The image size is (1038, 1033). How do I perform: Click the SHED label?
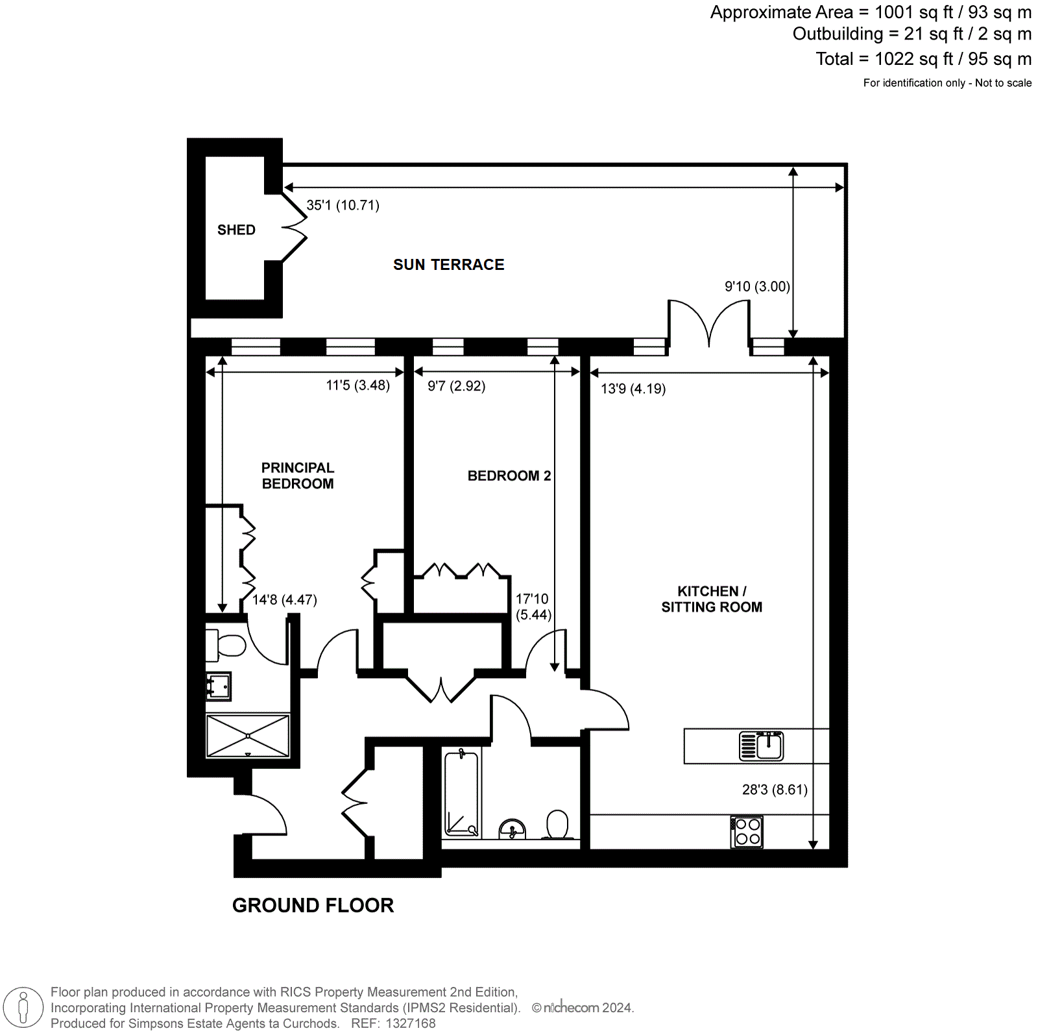coord(236,230)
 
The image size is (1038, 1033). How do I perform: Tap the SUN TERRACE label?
coord(449,265)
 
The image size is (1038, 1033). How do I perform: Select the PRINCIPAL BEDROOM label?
coord(298,476)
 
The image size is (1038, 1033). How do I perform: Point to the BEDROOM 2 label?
coord(509,476)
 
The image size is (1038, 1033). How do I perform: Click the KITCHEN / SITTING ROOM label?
coord(712,599)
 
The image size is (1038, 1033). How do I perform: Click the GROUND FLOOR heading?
coord(313,905)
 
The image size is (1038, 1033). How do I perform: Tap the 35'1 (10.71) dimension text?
coord(343,205)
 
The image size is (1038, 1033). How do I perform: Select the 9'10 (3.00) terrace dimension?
coord(757,286)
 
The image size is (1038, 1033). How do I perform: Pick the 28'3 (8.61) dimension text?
coord(775,790)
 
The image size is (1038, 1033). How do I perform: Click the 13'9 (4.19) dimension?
coord(633,389)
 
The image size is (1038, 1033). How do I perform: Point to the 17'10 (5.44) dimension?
coord(533,607)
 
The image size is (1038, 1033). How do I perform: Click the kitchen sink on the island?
coord(762,746)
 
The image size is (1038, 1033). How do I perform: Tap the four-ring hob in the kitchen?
coord(747,832)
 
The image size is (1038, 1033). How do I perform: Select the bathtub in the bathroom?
coord(462,794)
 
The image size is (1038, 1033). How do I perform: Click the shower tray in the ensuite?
coord(248,736)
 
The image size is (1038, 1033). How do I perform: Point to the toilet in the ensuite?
coord(225,645)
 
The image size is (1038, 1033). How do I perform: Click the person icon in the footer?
coord(24,1008)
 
